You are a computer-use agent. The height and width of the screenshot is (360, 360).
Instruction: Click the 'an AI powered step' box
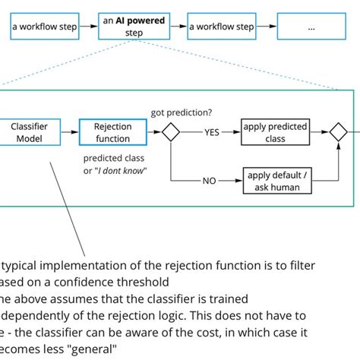point(134,27)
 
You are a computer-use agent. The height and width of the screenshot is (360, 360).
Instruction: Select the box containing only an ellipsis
point(311,27)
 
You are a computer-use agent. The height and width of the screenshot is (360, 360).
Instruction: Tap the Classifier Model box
point(30,132)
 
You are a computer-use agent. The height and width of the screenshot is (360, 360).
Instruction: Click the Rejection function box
point(112,132)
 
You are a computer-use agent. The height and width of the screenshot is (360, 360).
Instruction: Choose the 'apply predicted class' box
point(274,132)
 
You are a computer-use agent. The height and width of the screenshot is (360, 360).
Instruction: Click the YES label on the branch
point(211,133)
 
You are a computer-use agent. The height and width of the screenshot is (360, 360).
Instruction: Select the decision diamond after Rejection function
point(170,132)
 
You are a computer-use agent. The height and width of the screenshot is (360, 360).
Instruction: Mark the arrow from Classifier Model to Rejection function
point(69,132)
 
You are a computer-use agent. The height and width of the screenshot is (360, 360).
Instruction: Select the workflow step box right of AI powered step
point(222,27)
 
